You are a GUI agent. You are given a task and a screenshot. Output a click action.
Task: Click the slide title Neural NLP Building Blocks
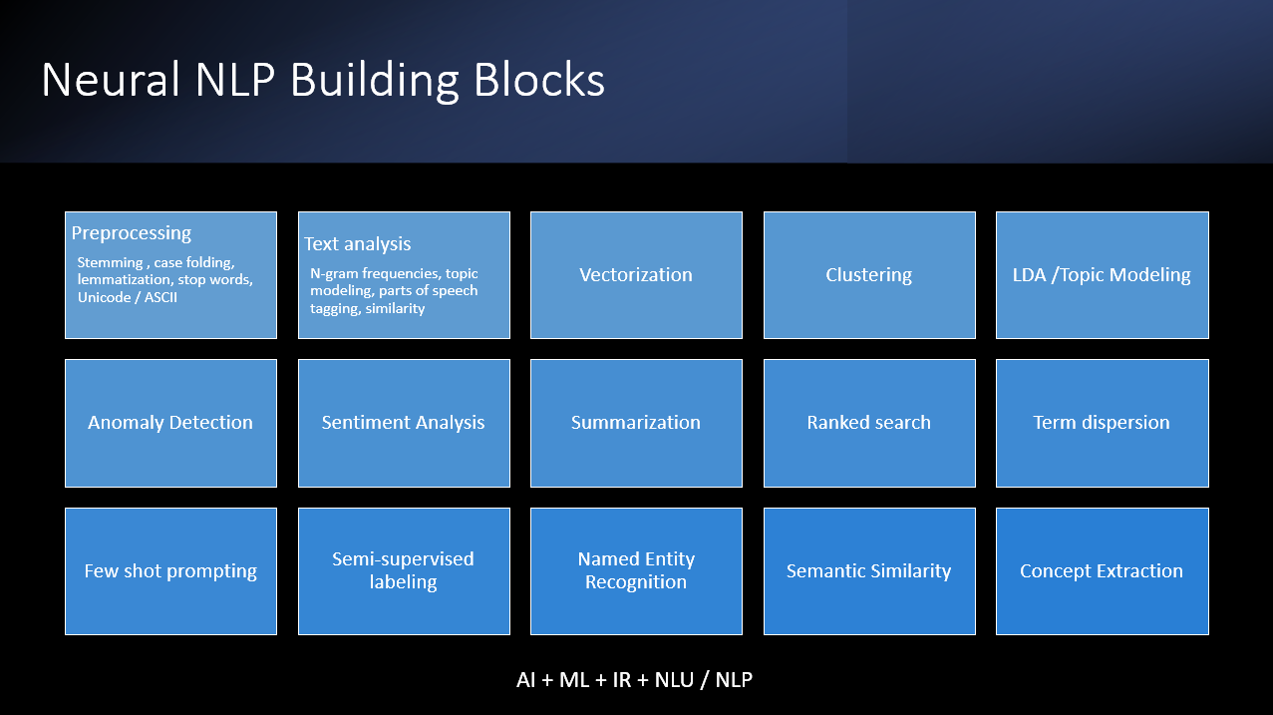[323, 81]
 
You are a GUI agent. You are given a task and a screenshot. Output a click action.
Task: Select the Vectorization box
[636, 275]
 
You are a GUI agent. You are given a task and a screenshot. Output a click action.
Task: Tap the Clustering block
[868, 275]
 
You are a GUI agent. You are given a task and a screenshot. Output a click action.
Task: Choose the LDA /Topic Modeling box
[1101, 275]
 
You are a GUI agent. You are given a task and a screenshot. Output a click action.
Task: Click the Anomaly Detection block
[170, 423]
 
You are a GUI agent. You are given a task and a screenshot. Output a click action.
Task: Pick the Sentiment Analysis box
[403, 423]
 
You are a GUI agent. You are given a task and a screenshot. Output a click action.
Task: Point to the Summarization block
[636, 423]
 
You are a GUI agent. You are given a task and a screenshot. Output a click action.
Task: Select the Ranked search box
[868, 423]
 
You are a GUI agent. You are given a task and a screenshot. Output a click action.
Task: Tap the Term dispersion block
[1101, 423]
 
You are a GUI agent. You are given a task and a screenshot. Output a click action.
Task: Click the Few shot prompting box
[170, 571]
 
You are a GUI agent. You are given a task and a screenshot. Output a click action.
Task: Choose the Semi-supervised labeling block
[403, 570]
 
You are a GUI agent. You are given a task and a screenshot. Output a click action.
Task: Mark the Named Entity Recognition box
[636, 570]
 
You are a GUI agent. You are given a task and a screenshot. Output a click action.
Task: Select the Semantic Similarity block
[868, 571]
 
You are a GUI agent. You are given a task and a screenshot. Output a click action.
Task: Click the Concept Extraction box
[1101, 571]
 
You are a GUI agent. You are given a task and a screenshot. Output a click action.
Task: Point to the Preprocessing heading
[132, 233]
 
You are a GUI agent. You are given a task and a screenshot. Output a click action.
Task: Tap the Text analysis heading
[357, 244]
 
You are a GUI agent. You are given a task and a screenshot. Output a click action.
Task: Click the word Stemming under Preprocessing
[110, 262]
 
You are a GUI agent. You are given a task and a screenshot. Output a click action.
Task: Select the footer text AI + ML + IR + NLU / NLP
[634, 680]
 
